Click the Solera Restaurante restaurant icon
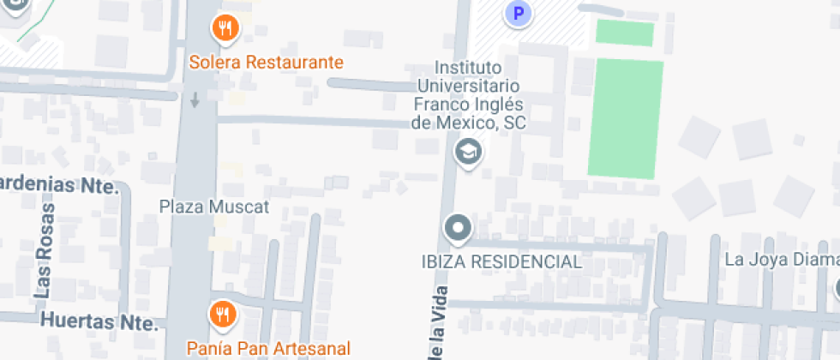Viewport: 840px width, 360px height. (225, 28)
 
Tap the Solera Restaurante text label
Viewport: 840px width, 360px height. (267, 62)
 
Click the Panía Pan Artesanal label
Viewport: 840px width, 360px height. (269, 348)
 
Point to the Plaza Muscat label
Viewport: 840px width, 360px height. (214, 207)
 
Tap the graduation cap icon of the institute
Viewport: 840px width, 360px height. (468, 153)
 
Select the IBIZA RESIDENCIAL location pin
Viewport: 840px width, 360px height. (458, 229)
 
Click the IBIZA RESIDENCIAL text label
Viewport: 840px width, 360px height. (501, 261)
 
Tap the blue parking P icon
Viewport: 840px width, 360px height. (517, 13)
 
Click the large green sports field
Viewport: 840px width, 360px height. (626, 118)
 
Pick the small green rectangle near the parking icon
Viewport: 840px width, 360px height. (625, 33)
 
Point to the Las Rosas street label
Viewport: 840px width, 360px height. (44, 250)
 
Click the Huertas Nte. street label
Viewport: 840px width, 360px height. (99, 323)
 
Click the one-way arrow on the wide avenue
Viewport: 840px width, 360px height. (195, 99)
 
